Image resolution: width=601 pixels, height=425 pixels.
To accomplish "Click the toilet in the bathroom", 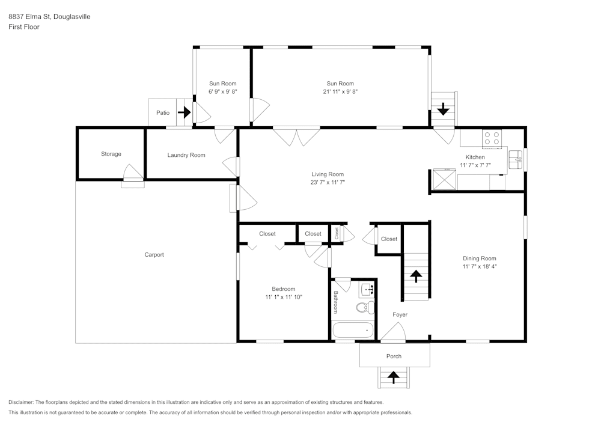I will tap(362, 308).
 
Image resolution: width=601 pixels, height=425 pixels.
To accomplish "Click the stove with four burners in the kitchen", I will tap(492, 138).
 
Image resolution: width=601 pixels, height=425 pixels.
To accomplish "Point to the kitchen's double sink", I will tap(516, 160).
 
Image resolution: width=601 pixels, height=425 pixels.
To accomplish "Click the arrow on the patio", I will tap(184, 112).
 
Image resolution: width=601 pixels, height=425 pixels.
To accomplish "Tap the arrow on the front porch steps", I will tap(394, 378).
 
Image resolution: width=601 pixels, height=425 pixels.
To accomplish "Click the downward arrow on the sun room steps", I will tap(444, 109).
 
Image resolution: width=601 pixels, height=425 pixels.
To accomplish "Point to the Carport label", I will tap(154, 255).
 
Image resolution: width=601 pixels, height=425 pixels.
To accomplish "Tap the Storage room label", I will tap(111, 154).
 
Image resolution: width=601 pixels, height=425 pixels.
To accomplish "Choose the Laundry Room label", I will tap(186, 155).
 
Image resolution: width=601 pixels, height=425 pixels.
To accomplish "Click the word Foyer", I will tap(400, 314).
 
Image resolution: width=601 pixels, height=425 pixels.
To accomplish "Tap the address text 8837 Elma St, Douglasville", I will tap(49, 17).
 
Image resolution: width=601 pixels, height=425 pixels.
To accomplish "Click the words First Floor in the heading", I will tap(24, 27).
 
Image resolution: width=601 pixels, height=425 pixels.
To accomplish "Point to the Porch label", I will tap(394, 356).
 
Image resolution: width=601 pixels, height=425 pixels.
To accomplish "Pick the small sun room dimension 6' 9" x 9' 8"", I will tap(222, 92).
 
